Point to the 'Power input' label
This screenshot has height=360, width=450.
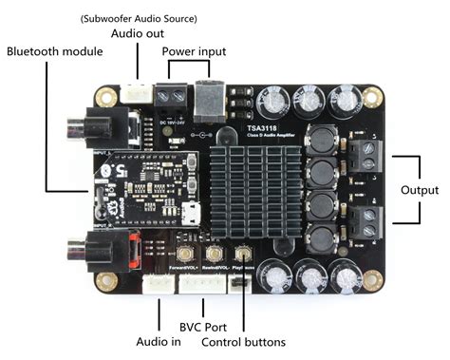click(195, 49)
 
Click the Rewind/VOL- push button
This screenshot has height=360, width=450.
click(216, 254)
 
